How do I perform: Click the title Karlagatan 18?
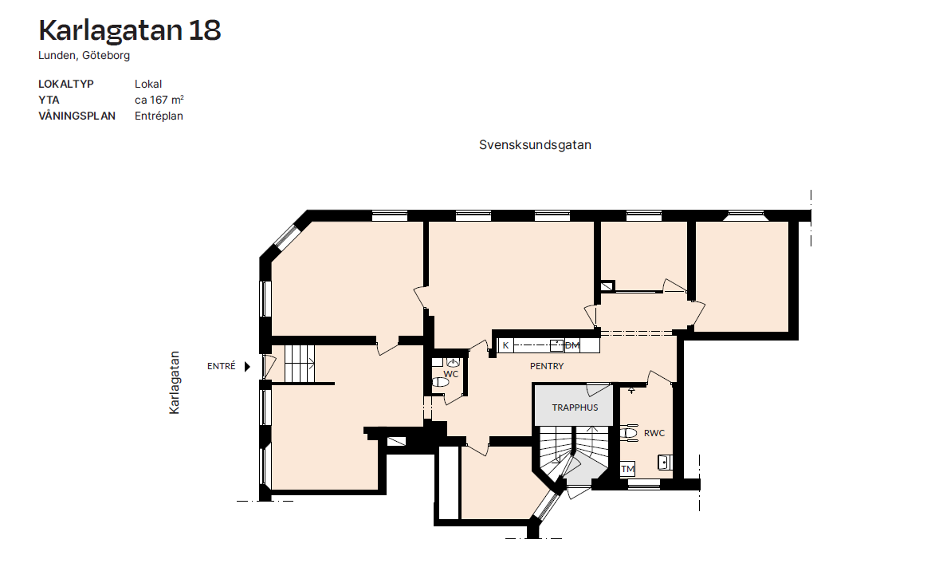pos(129,30)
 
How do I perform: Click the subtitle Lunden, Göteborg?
pos(84,55)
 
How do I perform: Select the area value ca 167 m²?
pos(159,100)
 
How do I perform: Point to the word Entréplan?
pos(159,116)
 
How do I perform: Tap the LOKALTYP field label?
pos(66,84)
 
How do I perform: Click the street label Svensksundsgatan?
pos(535,145)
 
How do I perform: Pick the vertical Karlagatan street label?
pos(174,382)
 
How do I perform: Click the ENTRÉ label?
pos(222,366)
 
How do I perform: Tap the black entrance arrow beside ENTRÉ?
pos(248,367)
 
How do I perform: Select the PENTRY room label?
pos(547,366)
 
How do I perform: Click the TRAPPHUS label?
pos(575,408)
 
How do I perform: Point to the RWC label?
pos(654,433)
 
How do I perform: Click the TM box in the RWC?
pos(627,469)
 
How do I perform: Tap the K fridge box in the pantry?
pos(505,345)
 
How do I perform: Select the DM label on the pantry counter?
pos(572,345)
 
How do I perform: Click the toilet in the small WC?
pos(440,382)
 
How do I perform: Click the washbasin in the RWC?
pos(665,462)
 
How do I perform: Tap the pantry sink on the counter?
pos(556,345)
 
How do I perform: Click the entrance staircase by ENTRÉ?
pos(299,364)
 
